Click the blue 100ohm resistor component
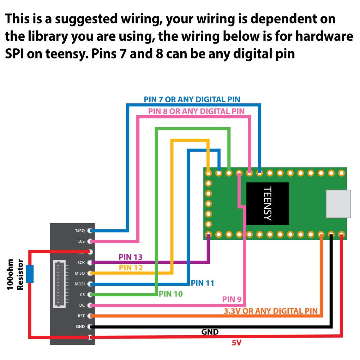(x=30, y=274)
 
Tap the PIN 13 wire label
(x=130, y=257)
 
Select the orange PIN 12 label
(x=131, y=268)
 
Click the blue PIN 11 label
(x=202, y=283)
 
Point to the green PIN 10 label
(x=171, y=294)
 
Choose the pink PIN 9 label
(x=232, y=299)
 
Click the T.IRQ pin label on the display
(x=80, y=231)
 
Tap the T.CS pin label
(x=81, y=241)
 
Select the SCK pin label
(x=81, y=263)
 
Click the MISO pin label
(x=80, y=273)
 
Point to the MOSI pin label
(x=80, y=284)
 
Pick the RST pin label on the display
(x=81, y=316)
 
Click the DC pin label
(x=82, y=305)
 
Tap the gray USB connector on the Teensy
(x=338, y=204)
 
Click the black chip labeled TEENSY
(x=267, y=204)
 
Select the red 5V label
(x=237, y=343)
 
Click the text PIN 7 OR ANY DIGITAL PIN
(x=192, y=99)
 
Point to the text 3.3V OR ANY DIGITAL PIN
(x=271, y=311)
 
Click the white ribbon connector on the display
(x=59, y=284)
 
